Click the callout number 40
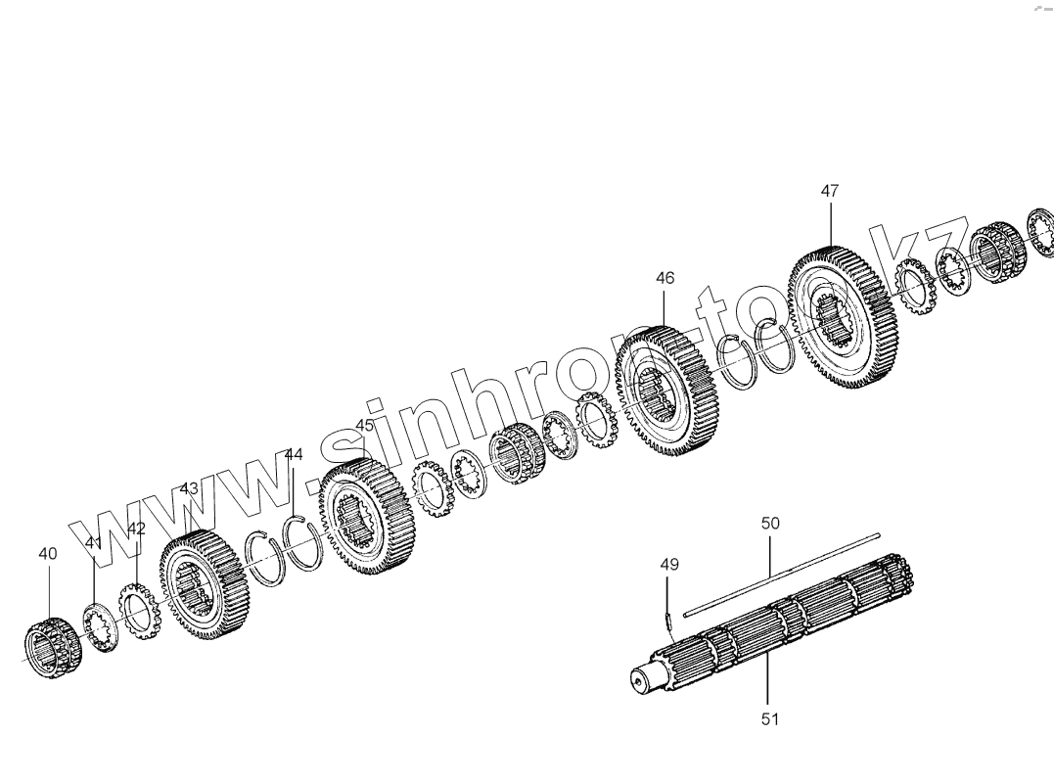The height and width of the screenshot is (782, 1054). point(47,553)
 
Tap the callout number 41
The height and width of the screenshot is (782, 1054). point(93,543)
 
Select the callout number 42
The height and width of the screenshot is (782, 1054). point(136,529)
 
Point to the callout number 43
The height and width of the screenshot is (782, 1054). point(189,488)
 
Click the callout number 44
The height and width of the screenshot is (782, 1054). point(294,454)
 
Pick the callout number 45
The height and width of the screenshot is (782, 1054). point(364,426)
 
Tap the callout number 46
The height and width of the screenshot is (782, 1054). point(664,278)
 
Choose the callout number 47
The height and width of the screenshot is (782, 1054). point(829,192)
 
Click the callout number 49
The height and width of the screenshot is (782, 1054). point(668,565)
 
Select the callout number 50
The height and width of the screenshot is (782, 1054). point(770,524)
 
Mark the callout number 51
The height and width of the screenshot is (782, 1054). point(769,719)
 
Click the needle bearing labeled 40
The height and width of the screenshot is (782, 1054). point(52,648)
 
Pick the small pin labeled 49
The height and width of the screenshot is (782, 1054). point(667,618)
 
